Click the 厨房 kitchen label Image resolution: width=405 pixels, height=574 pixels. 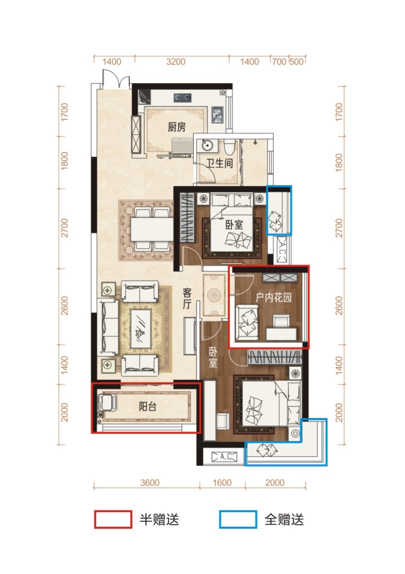[x=177, y=127]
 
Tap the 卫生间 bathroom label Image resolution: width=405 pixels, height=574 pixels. [x=220, y=163]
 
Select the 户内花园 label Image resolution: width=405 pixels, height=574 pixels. [x=274, y=297]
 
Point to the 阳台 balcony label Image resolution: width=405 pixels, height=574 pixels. [x=148, y=406]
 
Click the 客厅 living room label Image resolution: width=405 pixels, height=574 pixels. [x=187, y=298]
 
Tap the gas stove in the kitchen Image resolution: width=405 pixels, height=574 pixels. [x=183, y=97]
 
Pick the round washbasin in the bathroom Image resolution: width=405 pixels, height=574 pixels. [x=207, y=146]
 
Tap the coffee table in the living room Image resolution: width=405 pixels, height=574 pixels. [x=140, y=328]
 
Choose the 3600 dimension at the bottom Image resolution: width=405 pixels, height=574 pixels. [x=150, y=483]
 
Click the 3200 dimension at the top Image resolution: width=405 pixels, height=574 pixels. [x=175, y=62]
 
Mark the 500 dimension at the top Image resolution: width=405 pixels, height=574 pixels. [x=296, y=62]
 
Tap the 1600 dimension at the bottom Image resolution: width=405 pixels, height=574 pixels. [x=222, y=483]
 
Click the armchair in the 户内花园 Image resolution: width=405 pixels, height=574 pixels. [x=247, y=322]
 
